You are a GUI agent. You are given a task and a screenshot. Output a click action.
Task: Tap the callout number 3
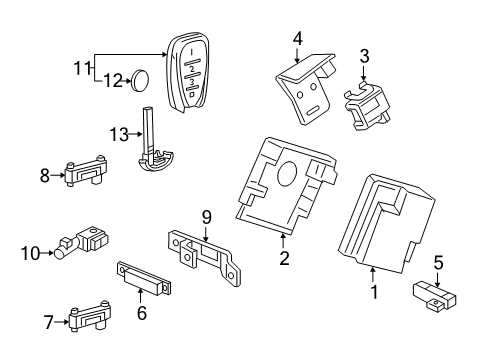[x=365, y=55]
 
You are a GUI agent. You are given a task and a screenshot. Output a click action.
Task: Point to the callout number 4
[x=297, y=39]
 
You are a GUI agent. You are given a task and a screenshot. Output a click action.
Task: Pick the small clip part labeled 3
[x=366, y=100]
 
